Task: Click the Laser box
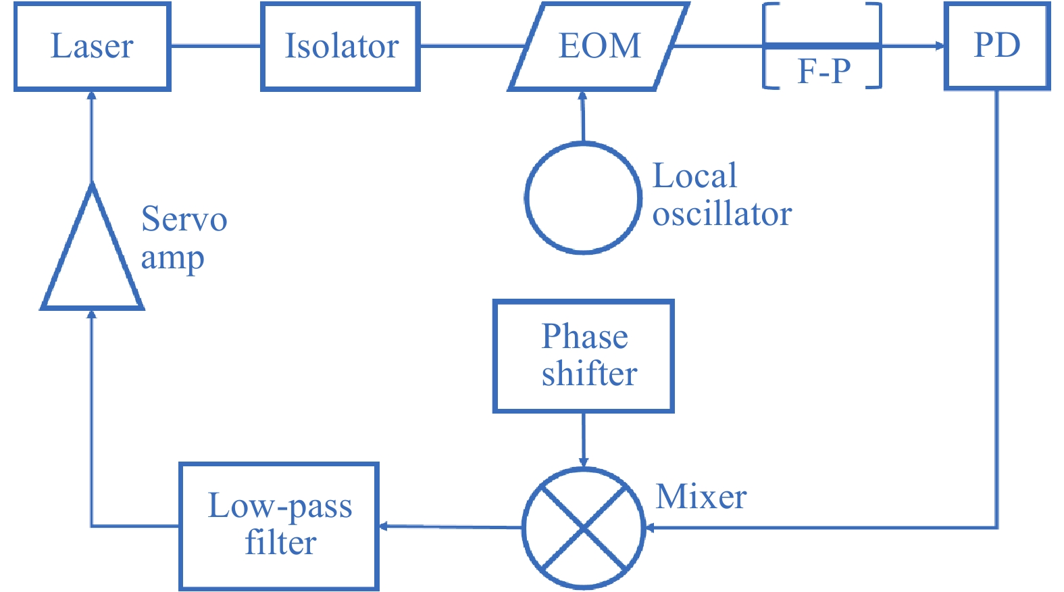pos(92,46)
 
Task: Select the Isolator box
pos(340,46)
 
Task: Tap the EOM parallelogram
pos(599,46)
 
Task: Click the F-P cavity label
pos(824,70)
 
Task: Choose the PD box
pos(996,46)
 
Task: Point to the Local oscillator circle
pos(583,198)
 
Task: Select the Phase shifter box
pos(584,355)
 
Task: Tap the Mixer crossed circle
pos(584,528)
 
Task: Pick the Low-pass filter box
pos(279,525)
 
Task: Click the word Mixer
pos(701,497)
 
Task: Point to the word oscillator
pos(721,215)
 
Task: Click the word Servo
pos(184,220)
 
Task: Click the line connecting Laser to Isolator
pos(216,46)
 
